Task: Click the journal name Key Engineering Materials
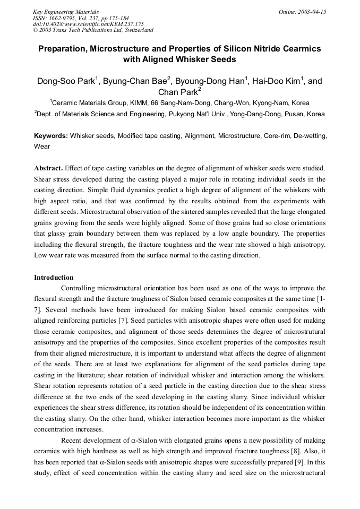[65, 12]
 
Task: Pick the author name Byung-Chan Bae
[134, 81]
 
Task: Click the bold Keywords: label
[51, 136]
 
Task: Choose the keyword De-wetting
[309, 136]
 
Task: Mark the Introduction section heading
[54, 278]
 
